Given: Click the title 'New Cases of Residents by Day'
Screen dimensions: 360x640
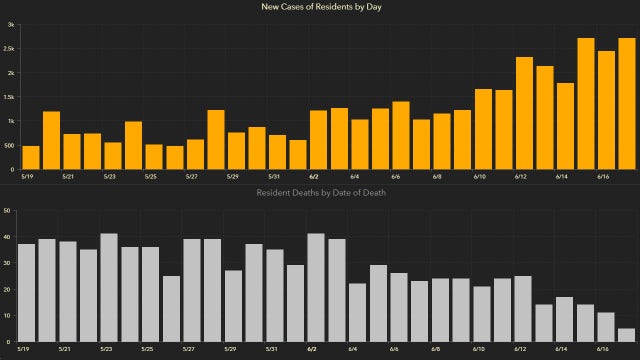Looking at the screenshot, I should point(320,8).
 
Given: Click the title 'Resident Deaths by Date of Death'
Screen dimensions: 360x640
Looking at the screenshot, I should point(320,191).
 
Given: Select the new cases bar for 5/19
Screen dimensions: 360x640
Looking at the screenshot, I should point(31,157).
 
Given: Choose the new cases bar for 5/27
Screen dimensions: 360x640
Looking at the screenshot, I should point(195,154).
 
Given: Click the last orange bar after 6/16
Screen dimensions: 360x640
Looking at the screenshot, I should point(626,104).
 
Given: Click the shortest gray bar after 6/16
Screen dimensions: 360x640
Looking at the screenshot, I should point(626,335).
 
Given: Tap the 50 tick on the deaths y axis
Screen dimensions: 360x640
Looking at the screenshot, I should point(8,211).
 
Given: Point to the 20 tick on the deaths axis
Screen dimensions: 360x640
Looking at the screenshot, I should point(8,290).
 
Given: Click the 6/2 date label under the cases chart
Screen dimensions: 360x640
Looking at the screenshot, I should point(314,176).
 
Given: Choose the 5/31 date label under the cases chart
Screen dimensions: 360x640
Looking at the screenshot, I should point(273,176).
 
